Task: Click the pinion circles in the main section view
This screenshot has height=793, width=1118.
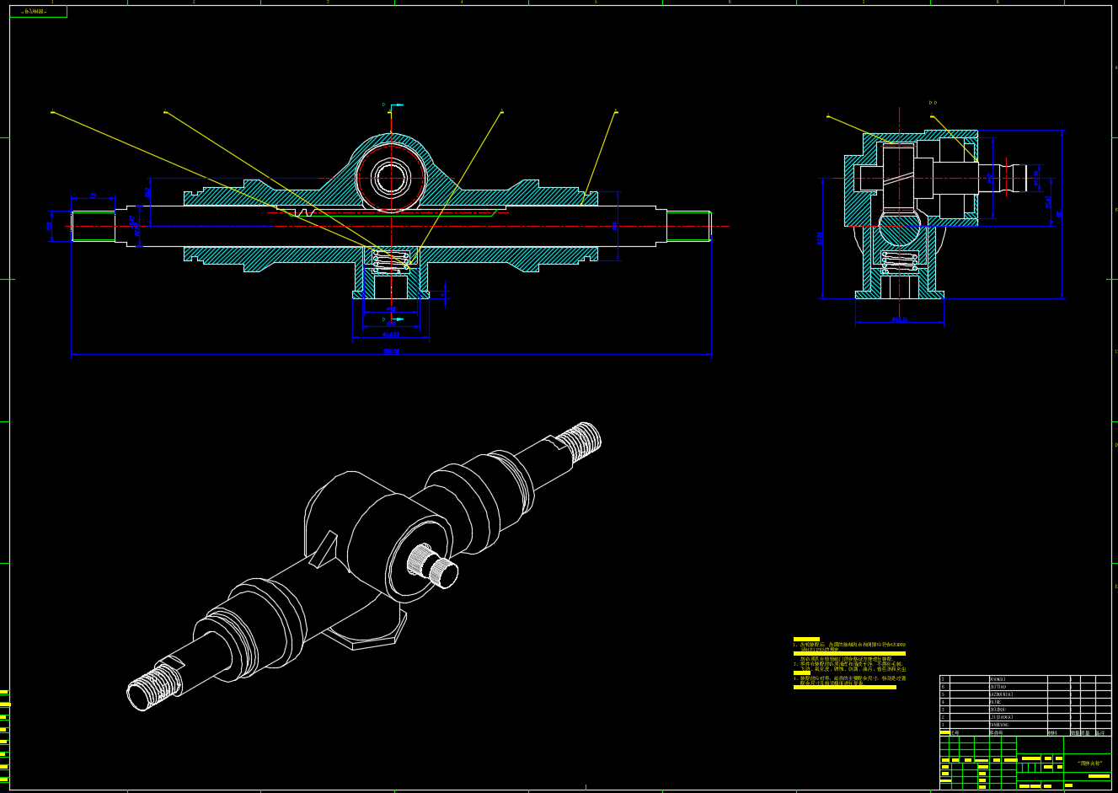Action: pos(389,178)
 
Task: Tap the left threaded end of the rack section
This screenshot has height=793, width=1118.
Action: pos(93,226)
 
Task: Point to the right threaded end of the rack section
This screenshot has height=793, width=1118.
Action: pos(689,226)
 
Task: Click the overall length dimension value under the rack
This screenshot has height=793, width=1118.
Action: pos(391,351)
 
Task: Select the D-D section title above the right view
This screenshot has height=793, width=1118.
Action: pos(933,103)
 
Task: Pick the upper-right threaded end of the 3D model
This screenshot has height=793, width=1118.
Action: pos(583,441)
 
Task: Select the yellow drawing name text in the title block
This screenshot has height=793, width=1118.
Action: pos(1089,763)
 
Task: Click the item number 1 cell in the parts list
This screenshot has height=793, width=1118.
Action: pos(944,725)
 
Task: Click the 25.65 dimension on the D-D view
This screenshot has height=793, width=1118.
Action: pos(1048,202)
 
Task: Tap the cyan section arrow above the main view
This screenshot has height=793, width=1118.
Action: pos(396,105)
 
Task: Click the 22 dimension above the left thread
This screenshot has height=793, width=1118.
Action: pos(93,196)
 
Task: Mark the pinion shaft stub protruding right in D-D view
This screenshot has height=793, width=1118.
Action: pos(1024,178)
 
